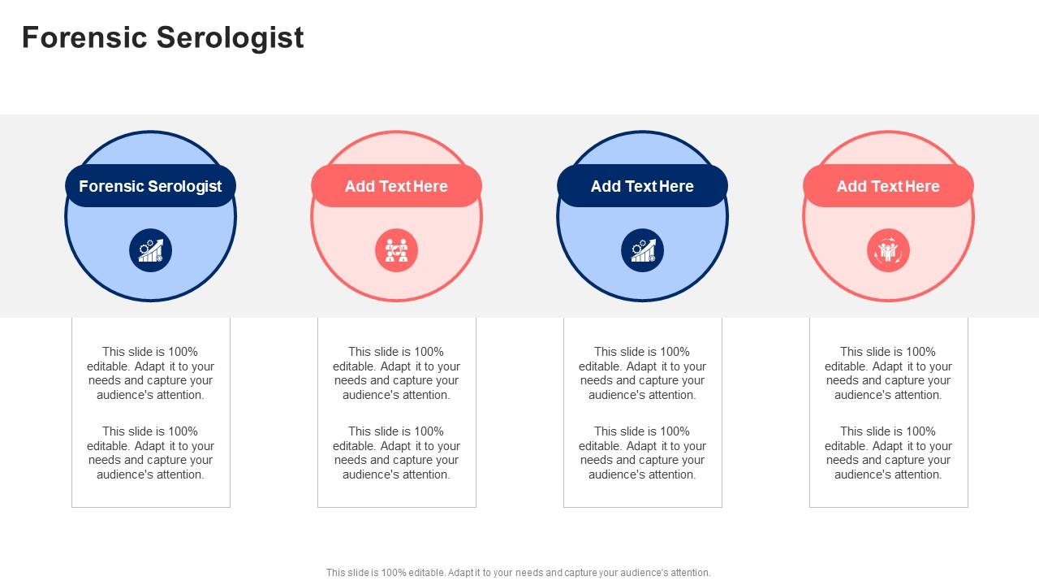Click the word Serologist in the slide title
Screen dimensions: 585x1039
[x=231, y=38]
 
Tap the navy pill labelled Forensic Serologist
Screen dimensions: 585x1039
[x=150, y=186]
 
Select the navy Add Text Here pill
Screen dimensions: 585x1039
[x=642, y=186]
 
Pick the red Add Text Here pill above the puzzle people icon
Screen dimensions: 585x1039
[x=396, y=186]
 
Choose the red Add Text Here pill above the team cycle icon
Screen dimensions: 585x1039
[x=888, y=186]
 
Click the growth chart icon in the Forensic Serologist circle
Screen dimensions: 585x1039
[x=150, y=250]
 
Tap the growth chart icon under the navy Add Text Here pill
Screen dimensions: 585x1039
[x=642, y=250]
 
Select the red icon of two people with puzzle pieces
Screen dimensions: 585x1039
[x=396, y=250]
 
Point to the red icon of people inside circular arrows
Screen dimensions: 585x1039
[x=888, y=250]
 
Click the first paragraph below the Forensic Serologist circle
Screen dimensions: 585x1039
[x=150, y=373]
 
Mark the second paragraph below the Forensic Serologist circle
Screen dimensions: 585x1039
[x=150, y=453]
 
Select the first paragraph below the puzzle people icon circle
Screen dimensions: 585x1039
[x=396, y=373]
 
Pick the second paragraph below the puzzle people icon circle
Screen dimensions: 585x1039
[x=396, y=453]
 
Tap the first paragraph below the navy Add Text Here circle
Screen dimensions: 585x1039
[x=642, y=373]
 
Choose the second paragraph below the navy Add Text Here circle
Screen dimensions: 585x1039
[x=642, y=453]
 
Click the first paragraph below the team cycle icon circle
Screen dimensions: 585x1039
[x=888, y=373]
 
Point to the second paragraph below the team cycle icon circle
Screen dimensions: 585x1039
[x=888, y=453]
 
